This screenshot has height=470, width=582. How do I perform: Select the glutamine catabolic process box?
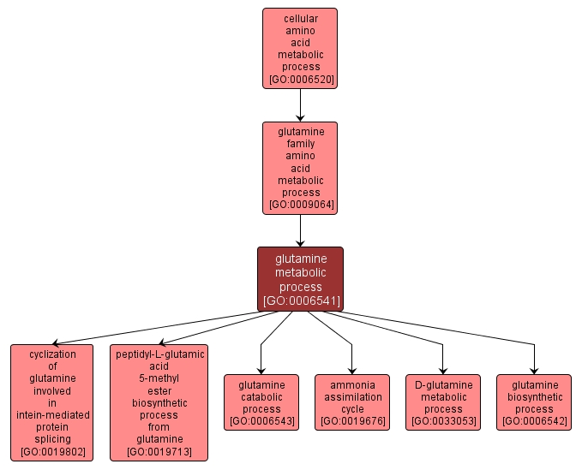261,397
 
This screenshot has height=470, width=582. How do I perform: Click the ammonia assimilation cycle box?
352,397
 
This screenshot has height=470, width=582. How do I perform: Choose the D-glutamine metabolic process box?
443,397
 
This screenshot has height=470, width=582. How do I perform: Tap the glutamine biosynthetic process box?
534,397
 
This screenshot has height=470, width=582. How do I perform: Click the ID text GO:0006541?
301,300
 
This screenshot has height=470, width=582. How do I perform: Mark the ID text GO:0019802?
52,451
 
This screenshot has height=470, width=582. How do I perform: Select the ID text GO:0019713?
159,451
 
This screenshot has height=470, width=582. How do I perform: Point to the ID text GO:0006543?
261,421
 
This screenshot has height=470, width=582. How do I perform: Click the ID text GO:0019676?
352,421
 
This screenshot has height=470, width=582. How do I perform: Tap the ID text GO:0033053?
443,421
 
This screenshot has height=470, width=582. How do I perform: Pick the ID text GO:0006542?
534,421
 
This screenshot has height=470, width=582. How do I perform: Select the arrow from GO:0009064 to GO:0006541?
300,230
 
